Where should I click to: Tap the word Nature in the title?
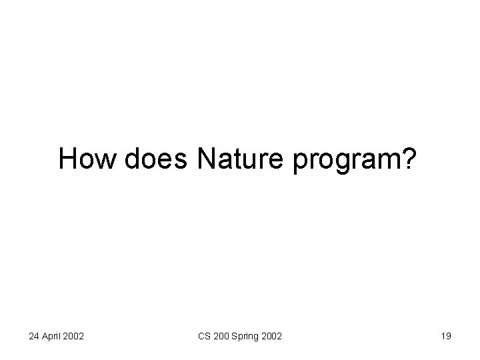pyautogui.click(x=241, y=159)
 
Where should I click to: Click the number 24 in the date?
pyautogui.click(x=35, y=337)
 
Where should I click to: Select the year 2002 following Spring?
pyautogui.click(x=271, y=337)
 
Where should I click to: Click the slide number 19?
pyautogui.click(x=446, y=337)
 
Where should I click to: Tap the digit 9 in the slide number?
pyautogui.click(x=449, y=337)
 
